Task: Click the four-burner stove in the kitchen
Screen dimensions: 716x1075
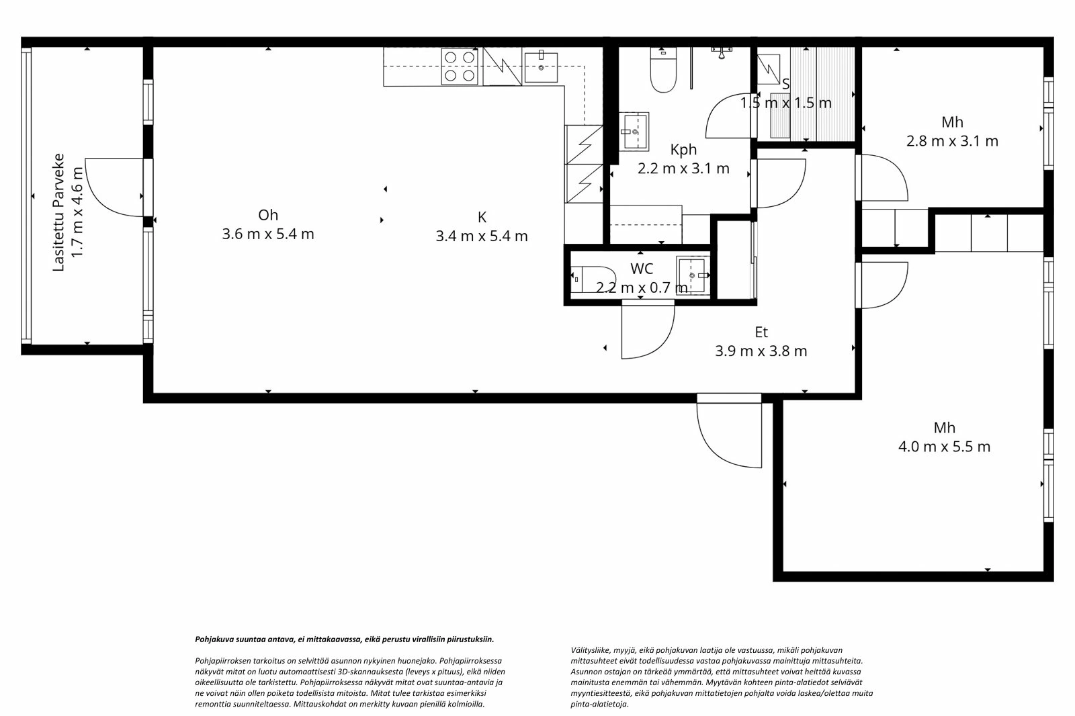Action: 460,67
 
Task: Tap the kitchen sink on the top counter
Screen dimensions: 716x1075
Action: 541,66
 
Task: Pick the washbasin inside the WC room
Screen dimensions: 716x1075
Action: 691,275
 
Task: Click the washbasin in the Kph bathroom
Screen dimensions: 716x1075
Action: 634,132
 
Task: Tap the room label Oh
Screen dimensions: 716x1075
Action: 267,215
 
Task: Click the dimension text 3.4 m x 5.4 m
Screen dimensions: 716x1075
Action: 481,236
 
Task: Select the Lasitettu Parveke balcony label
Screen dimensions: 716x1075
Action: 58,213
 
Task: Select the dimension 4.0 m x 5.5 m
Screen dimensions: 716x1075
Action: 944,447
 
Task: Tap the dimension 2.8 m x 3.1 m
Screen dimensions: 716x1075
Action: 952,141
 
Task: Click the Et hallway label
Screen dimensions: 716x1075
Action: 761,332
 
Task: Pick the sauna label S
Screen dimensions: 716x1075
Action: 785,84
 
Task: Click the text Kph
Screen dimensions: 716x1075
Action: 683,149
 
